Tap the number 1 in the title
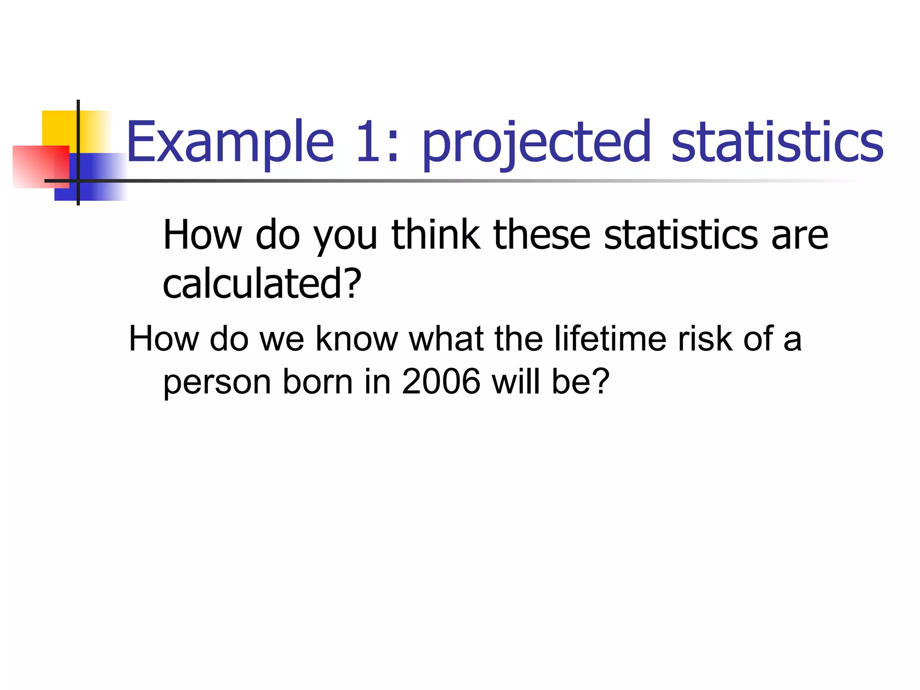click(x=369, y=142)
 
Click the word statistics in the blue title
click(x=777, y=142)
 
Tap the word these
click(x=541, y=235)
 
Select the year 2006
click(x=441, y=382)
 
